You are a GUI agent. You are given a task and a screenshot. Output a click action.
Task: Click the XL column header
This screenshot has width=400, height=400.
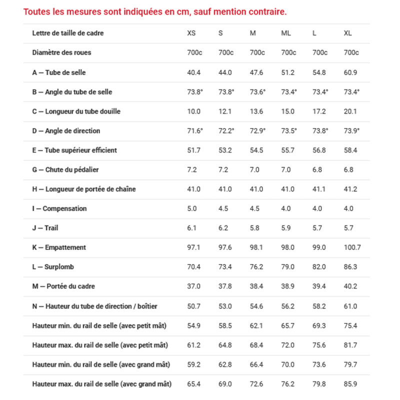pyautogui.click(x=348, y=33)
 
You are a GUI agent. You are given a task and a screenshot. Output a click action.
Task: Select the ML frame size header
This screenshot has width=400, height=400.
pyautogui.click(x=286, y=33)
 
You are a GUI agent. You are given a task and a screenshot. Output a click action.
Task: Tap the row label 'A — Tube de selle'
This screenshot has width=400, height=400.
pyautogui.click(x=59, y=72)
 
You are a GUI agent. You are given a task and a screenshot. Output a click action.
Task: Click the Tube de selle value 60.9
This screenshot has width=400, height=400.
pyautogui.click(x=350, y=72)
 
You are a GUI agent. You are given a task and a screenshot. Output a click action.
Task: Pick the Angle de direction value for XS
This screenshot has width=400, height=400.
pyautogui.click(x=195, y=131)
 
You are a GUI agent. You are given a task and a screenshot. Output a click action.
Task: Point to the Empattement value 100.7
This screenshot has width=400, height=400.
pyautogui.click(x=352, y=247)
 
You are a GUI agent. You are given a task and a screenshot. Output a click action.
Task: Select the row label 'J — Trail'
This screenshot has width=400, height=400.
pyautogui.click(x=45, y=228)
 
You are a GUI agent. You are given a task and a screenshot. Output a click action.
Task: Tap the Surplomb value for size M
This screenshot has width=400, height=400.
pyautogui.click(x=256, y=267)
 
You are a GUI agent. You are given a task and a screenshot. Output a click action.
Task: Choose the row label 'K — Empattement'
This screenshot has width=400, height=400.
pyautogui.click(x=59, y=247)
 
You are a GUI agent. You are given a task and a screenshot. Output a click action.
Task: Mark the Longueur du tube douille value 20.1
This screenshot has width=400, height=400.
pyautogui.click(x=350, y=111)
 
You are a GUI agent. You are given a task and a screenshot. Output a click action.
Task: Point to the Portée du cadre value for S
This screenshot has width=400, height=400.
pyautogui.click(x=225, y=286)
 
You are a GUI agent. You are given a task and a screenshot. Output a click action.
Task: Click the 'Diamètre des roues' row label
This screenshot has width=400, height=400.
pyautogui.click(x=61, y=52)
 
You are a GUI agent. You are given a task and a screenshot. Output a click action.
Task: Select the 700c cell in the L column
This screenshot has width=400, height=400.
pyautogui.click(x=320, y=52)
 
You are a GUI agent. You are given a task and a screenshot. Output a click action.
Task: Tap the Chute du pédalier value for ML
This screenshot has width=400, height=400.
pyautogui.click(x=285, y=170)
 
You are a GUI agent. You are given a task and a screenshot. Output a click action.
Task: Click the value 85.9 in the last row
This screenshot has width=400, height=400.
pyautogui.click(x=350, y=384)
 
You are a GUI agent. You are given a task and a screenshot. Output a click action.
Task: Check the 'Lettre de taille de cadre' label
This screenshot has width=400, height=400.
pyautogui.click(x=68, y=33)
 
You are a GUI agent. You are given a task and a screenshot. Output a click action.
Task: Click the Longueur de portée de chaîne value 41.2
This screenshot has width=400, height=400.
pyautogui.click(x=350, y=189)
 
